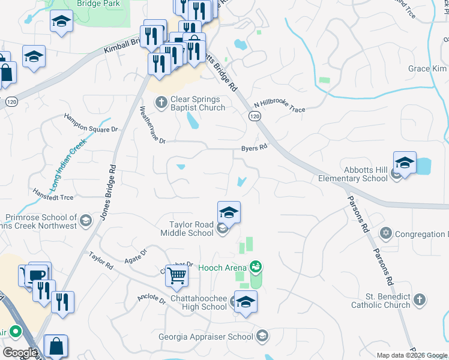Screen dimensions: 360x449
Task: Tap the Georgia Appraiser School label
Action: tap(206, 337)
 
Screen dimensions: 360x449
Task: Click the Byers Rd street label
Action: tap(253, 146)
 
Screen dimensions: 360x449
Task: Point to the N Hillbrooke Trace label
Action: tap(279, 106)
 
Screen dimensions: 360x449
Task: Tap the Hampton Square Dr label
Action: tap(91, 124)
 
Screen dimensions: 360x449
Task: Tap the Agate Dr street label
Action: tap(135, 256)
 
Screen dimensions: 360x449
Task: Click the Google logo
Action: tap(20, 352)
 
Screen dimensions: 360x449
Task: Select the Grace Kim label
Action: tap(428, 69)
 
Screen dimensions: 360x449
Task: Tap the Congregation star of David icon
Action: tap(385, 233)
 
